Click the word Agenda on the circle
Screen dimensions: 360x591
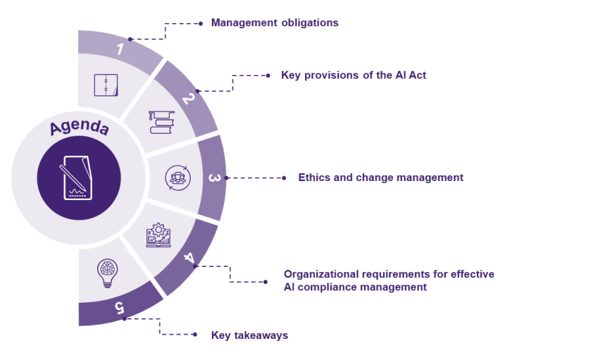tap(79, 128)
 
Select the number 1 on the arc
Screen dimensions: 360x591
tap(120, 49)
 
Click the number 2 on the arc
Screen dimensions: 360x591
tap(187, 99)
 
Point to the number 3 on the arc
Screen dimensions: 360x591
tap(213, 178)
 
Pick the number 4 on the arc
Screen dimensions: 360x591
tap(189, 258)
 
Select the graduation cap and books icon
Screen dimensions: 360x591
tap(161, 122)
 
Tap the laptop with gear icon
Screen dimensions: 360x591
tap(158, 235)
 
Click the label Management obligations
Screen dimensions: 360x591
tap(275, 23)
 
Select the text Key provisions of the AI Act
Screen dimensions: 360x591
tap(354, 75)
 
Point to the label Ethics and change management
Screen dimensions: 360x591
tap(380, 178)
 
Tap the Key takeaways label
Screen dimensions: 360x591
tap(249, 335)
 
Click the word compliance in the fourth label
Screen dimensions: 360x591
tap(332, 287)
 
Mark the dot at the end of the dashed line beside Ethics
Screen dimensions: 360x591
tap(283, 178)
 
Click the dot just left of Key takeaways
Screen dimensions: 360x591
tap(196, 335)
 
